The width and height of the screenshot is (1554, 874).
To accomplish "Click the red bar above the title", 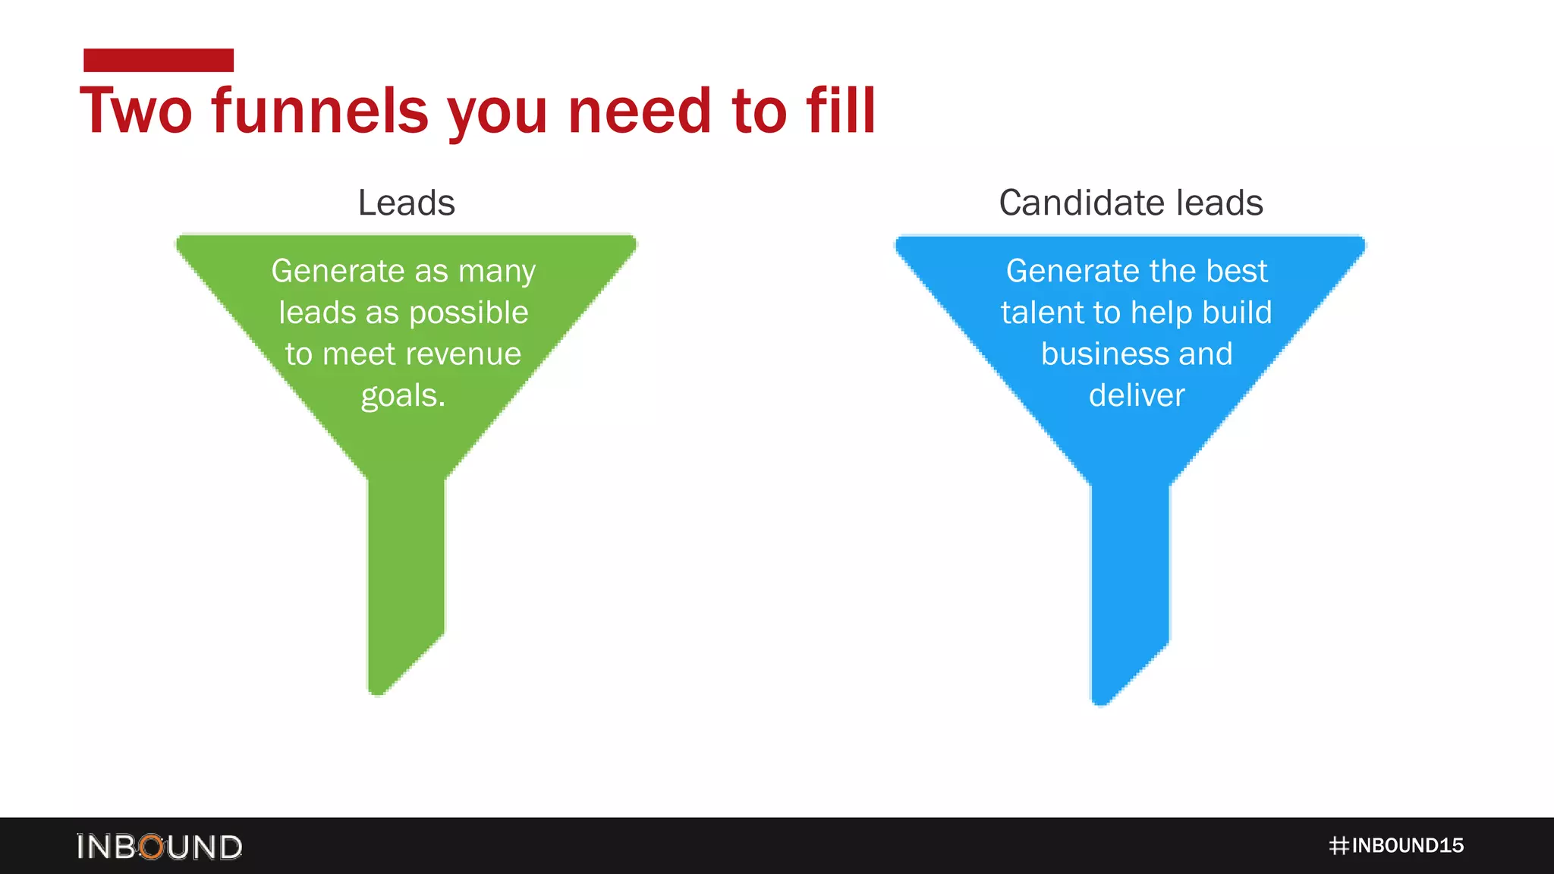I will pos(159,60).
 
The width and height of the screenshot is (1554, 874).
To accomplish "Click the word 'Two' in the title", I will pos(137,111).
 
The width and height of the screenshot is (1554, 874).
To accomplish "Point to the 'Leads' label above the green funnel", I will pos(407,203).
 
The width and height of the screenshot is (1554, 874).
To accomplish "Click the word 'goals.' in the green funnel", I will pos(403,396).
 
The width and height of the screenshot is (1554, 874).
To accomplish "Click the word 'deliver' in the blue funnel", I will pos(1137,395).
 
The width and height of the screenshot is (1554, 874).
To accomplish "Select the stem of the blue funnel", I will pos(1130,569).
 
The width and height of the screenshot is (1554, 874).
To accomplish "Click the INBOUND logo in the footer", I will pos(159,847).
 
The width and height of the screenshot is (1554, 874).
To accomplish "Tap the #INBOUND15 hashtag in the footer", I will pos(1396,846).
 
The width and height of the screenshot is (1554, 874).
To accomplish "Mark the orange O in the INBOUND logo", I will pos(153,847).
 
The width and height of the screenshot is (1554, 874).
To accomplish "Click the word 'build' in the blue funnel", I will pos(1238,313).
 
